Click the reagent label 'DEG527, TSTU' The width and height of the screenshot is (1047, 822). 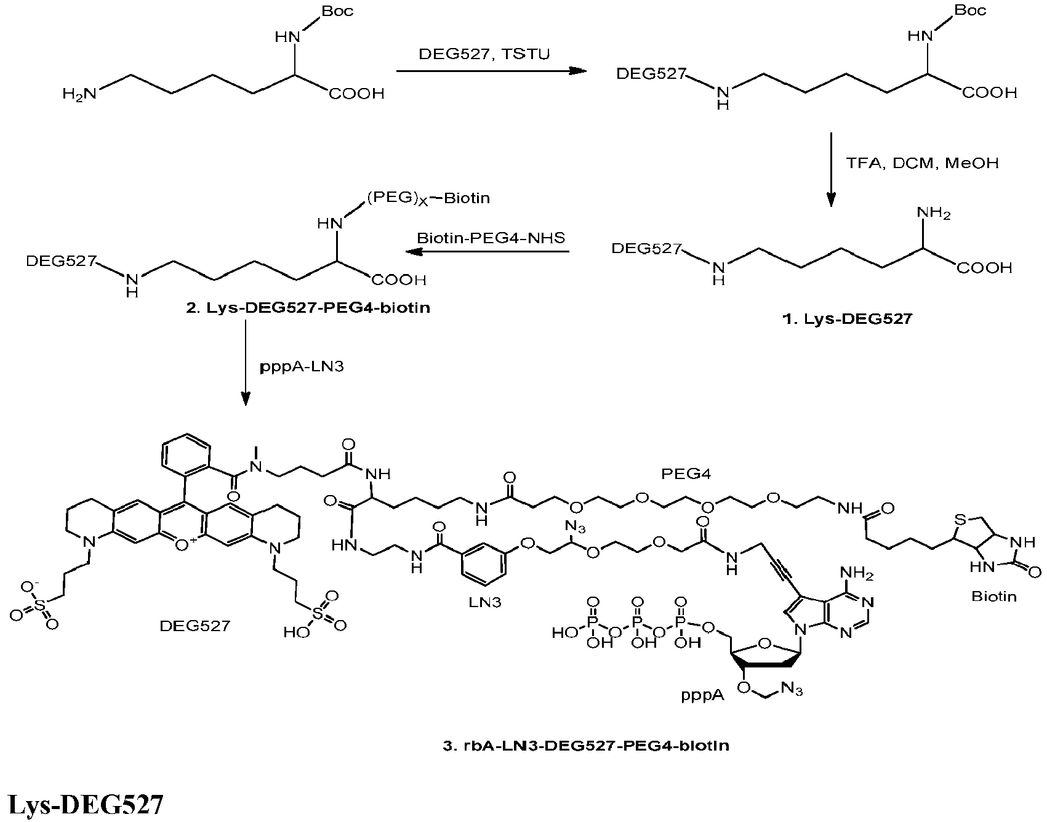click(x=484, y=54)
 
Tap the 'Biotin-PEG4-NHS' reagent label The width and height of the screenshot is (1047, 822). click(x=491, y=238)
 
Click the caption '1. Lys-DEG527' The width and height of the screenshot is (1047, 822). click(x=846, y=319)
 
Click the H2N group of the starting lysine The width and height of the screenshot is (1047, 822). click(x=80, y=94)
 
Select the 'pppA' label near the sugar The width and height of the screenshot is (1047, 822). click(x=702, y=695)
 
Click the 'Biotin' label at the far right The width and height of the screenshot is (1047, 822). click(x=994, y=596)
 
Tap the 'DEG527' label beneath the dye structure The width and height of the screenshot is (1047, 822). click(x=195, y=626)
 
